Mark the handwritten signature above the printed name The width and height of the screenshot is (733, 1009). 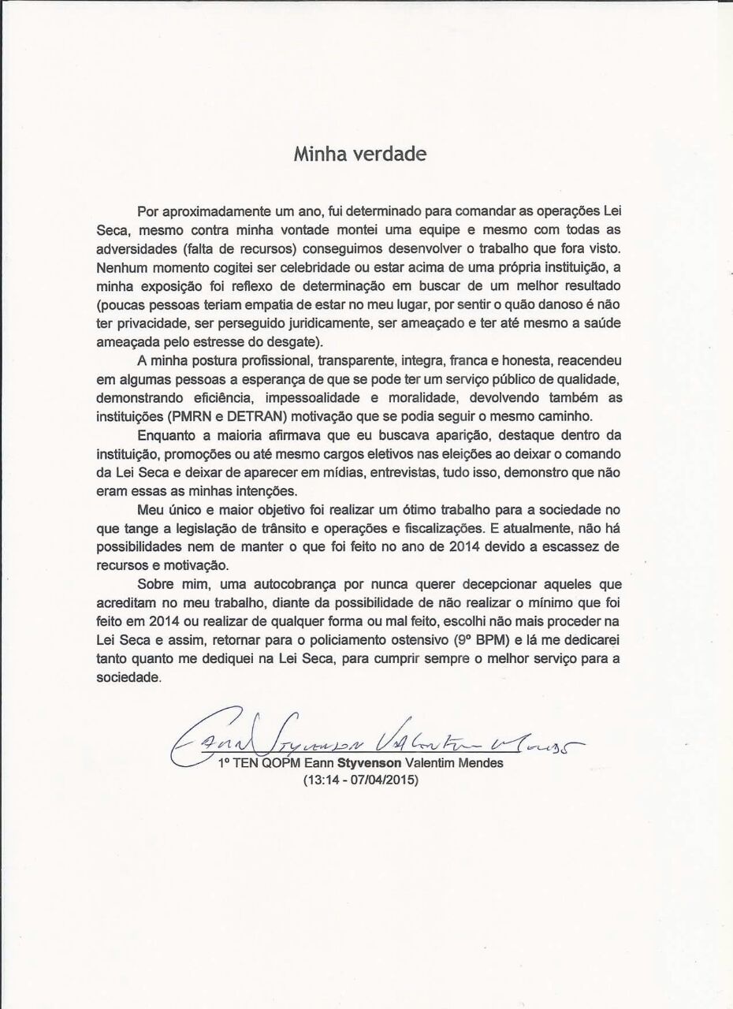370,739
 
